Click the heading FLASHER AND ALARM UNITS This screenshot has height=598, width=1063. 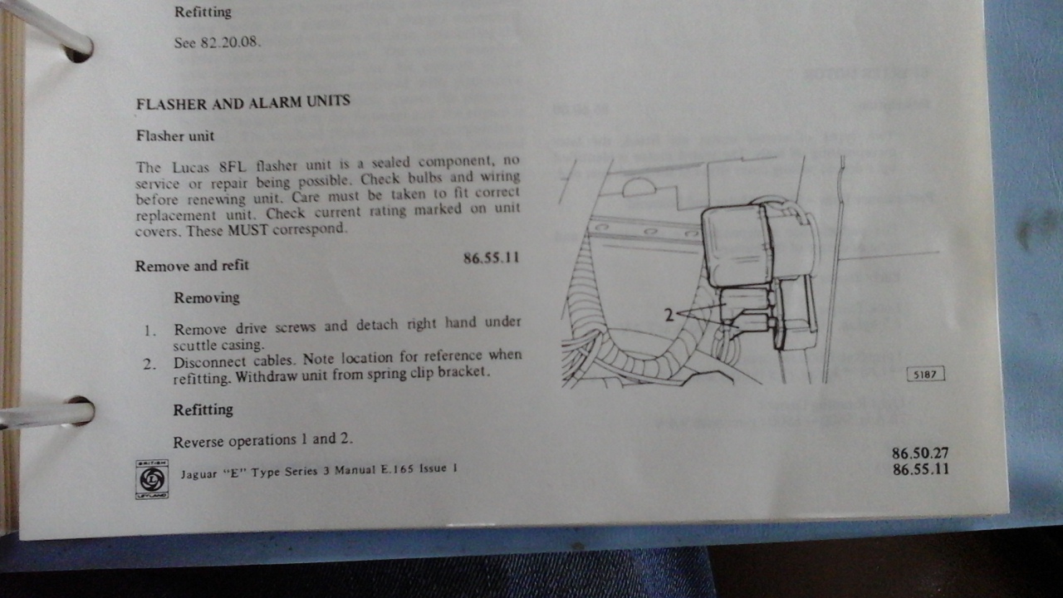click(243, 102)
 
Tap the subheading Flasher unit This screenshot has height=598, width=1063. click(175, 136)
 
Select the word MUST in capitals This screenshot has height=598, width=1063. click(247, 231)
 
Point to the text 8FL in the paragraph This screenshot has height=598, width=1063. click(233, 167)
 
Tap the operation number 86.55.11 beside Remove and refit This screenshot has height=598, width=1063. click(492, 258)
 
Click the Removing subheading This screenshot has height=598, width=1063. click(207, 297)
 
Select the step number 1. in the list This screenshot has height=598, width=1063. click(150, 331)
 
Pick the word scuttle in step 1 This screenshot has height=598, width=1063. click(194, 345)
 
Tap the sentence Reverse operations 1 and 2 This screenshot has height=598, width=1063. click(263, 441)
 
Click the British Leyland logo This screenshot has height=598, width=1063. click(152, 479)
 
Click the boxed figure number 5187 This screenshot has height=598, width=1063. click(925, 374)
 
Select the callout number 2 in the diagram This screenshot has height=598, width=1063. click(669, 315)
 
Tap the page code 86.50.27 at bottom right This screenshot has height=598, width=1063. click(920, 453)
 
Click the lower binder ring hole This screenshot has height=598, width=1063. click(80, 411)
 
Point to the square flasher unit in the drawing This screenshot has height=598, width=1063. click(737, 246)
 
